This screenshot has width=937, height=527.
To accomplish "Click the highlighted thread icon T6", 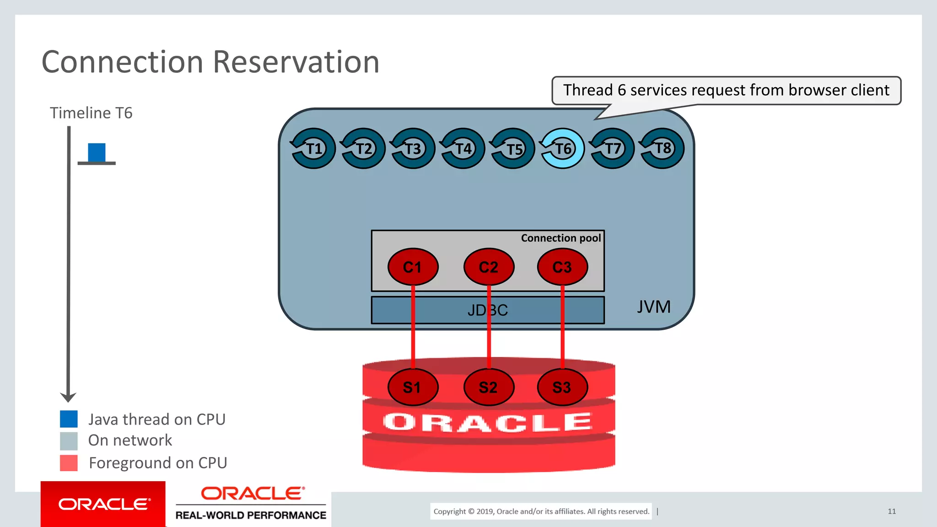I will click(x=563, y=148).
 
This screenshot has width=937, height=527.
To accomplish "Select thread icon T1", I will click(x=313, y=148).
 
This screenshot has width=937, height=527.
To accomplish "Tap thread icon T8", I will click(x=662, y=148).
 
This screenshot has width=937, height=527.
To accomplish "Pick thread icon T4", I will click(x=463, y=148).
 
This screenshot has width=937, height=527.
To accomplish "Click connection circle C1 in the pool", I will click(x=413, y=267).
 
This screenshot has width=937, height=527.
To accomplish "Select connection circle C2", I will click(x=489, y=267).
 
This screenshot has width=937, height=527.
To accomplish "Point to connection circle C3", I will click(x=562, y=267).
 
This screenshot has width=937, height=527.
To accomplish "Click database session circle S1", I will click(x=413, y=387).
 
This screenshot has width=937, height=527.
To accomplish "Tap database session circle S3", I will click(x=562, y=387).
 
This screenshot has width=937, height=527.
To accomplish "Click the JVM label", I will click(x=654, y=307).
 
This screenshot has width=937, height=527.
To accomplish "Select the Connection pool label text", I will click(x=560, y=238).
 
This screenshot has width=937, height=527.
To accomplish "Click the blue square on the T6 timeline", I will click(x=97, y=152).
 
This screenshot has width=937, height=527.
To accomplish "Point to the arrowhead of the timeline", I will click(x=68, y=397).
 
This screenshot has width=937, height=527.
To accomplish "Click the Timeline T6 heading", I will click(x=91, y=113).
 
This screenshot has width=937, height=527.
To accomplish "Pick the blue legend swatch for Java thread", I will click(x=69, y=419).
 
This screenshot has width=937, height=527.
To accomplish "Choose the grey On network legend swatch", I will click(x=69, y=441).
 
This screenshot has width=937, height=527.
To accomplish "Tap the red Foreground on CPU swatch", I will click(x=69, y=462).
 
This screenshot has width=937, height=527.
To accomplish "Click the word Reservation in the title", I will click(x=296, y=62).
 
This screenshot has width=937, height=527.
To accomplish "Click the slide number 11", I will click(x=892, y=511).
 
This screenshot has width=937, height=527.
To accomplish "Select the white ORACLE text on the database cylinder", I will click(x=488, y=422).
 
